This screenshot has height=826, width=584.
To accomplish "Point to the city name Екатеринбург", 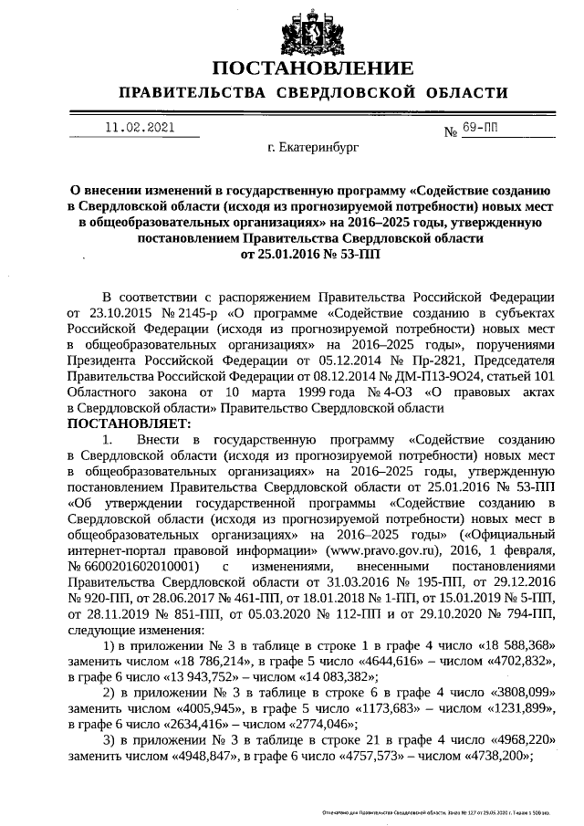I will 313,146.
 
